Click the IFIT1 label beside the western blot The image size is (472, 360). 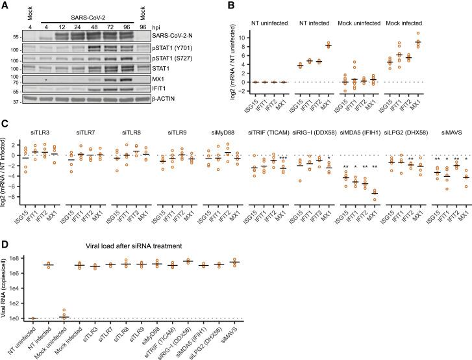click(x=173, y=89)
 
